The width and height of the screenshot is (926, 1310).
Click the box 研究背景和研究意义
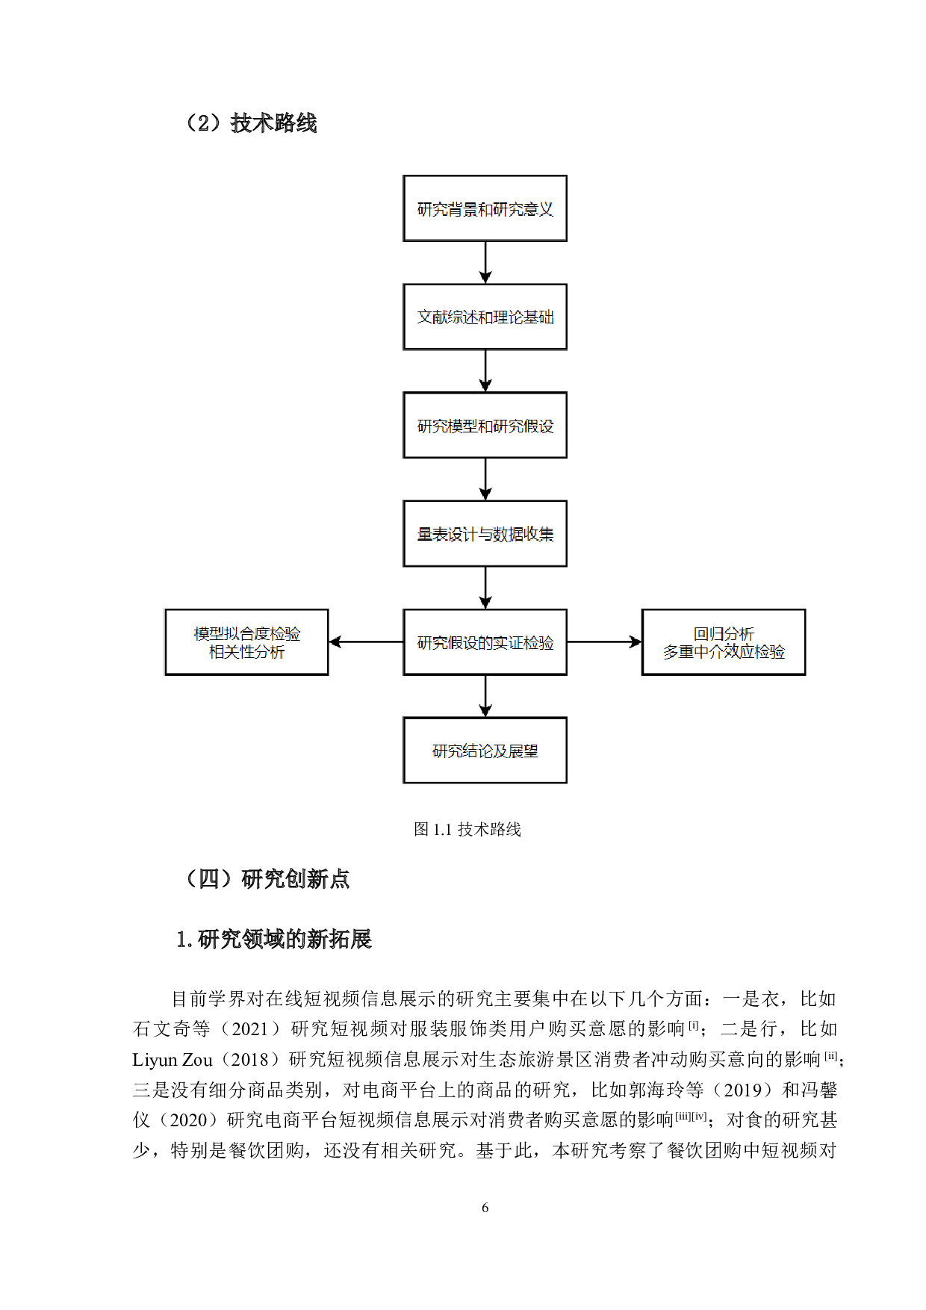pos(485,208)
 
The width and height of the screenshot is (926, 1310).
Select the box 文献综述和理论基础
pos(485,317)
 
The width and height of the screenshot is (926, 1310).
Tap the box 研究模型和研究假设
pos(485,425)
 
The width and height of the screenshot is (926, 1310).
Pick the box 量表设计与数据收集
pos(485,533)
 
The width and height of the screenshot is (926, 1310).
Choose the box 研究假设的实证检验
pos(485,642)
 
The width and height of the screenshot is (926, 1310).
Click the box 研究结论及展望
pos(485,751)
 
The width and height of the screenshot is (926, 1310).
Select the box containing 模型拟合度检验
pos(246,642)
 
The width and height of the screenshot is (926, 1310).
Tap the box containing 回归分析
pos(724,642)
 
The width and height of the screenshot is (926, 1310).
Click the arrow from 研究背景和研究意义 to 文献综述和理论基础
pos(485,262)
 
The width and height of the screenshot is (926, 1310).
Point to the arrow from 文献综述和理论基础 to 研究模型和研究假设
pos(485,370)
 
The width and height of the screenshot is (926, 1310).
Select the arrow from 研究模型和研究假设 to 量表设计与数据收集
pos(485,479)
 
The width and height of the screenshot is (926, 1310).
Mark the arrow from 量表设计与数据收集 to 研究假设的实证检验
pos(485,588)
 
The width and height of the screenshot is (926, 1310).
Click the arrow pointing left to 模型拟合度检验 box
pos(366,642)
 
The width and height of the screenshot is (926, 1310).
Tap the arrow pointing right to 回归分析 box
pos(604,642)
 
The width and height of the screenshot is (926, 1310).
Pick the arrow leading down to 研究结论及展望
pos(485,696)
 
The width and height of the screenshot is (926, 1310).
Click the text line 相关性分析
pos(246,652)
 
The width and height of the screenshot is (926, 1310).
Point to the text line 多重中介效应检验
pos(724,652)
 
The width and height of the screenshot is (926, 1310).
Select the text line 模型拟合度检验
pos(246,634)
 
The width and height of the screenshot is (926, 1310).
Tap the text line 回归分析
pos(724,634)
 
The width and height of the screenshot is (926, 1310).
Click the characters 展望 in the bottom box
pos(523,751)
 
